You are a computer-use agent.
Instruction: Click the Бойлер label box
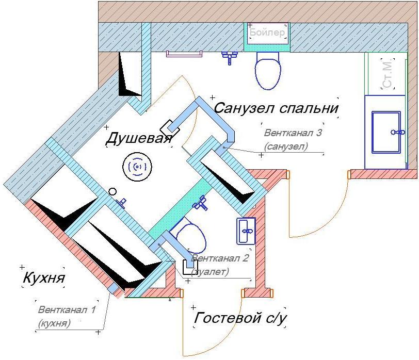pos(267,32)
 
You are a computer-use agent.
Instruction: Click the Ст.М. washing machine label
pos(388,73)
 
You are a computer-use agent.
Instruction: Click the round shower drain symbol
pos(137,166)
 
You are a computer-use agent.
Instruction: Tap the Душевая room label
pos(138,139)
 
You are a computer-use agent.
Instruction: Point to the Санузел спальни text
pos(276,108)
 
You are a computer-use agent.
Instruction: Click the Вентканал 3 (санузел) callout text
pos(293,139)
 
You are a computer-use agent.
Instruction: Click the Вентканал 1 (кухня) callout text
pos(67,316)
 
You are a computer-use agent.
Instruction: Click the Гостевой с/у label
pos(239,318)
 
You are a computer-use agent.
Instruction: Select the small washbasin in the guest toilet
pos(246,230)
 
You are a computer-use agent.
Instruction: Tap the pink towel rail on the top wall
pos(184,53)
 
